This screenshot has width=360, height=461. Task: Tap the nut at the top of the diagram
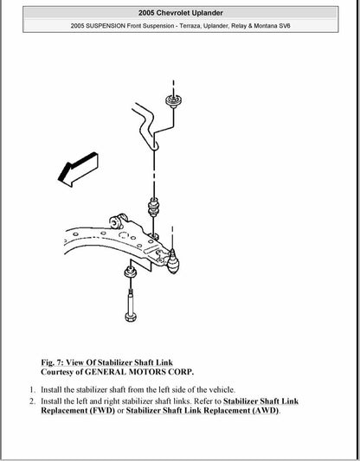point(172,99)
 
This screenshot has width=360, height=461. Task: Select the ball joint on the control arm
point(172,258)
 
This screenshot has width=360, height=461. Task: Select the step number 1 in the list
point(32,389)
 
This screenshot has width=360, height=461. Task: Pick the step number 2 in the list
point(32,401)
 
